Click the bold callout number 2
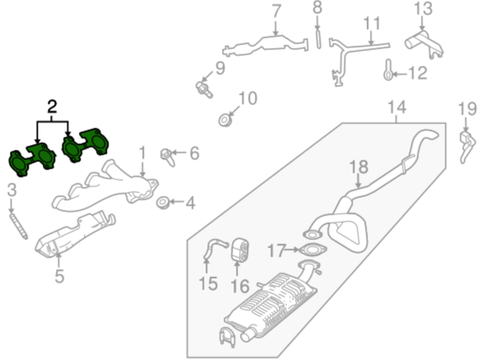(52, 107)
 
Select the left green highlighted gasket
(32, 159)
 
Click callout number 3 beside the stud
(12, 190)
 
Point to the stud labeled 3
(19, 226)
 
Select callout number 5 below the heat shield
(59, 276)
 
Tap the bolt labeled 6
(167, 156)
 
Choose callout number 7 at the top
(276, 12)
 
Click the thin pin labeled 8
(318, 39)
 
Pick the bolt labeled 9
(204, 90)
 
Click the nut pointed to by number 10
(225, 120)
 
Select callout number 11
(371, 23)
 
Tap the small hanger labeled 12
(388, 71)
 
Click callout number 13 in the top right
(423, 8)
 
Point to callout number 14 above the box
(397, 108)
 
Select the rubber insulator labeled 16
(240, 251)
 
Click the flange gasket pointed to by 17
(312, 250)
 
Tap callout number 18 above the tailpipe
(358, 168)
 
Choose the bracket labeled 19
(467, 145)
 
